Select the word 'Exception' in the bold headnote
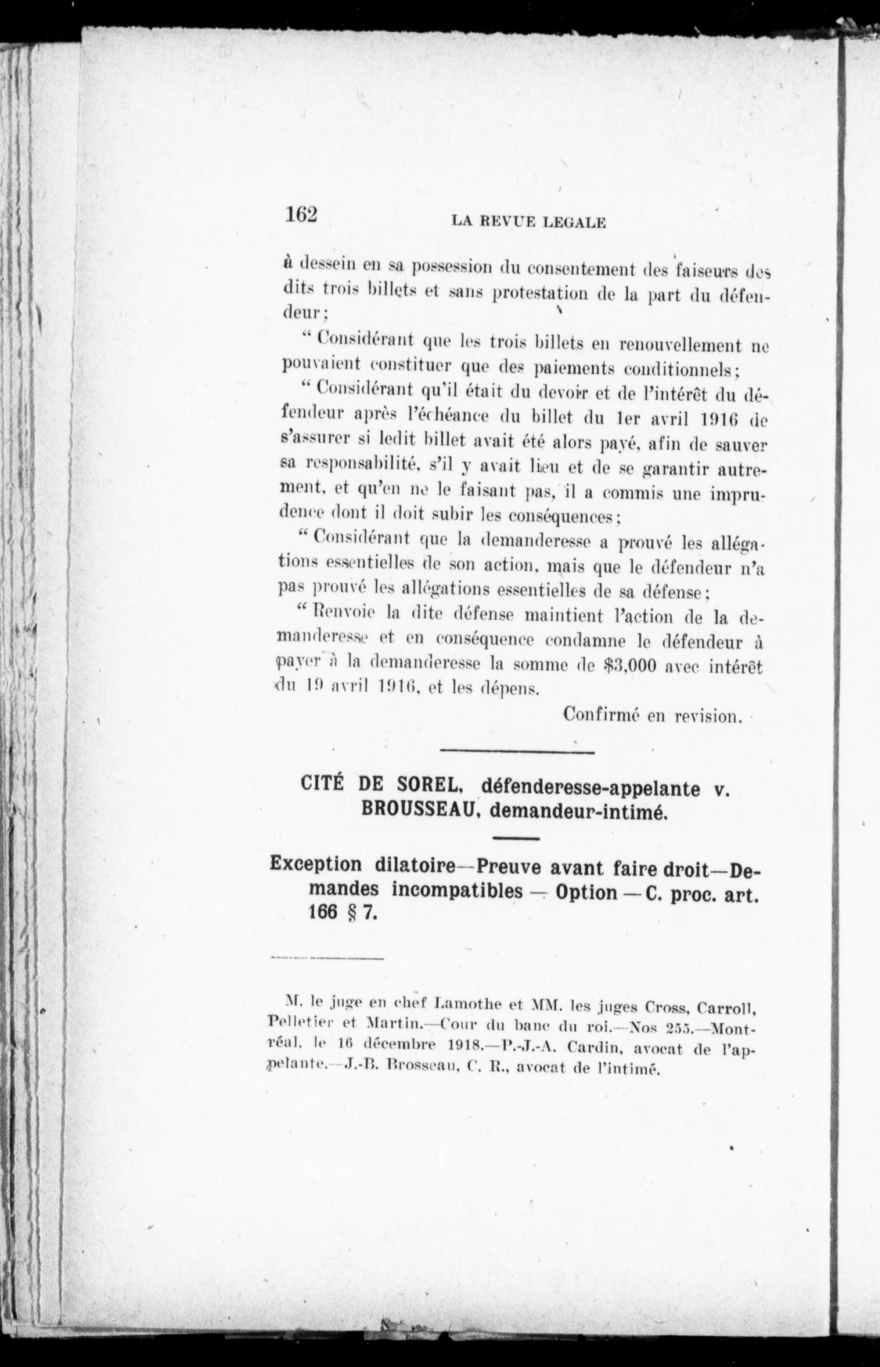click(x=315, y=865)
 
